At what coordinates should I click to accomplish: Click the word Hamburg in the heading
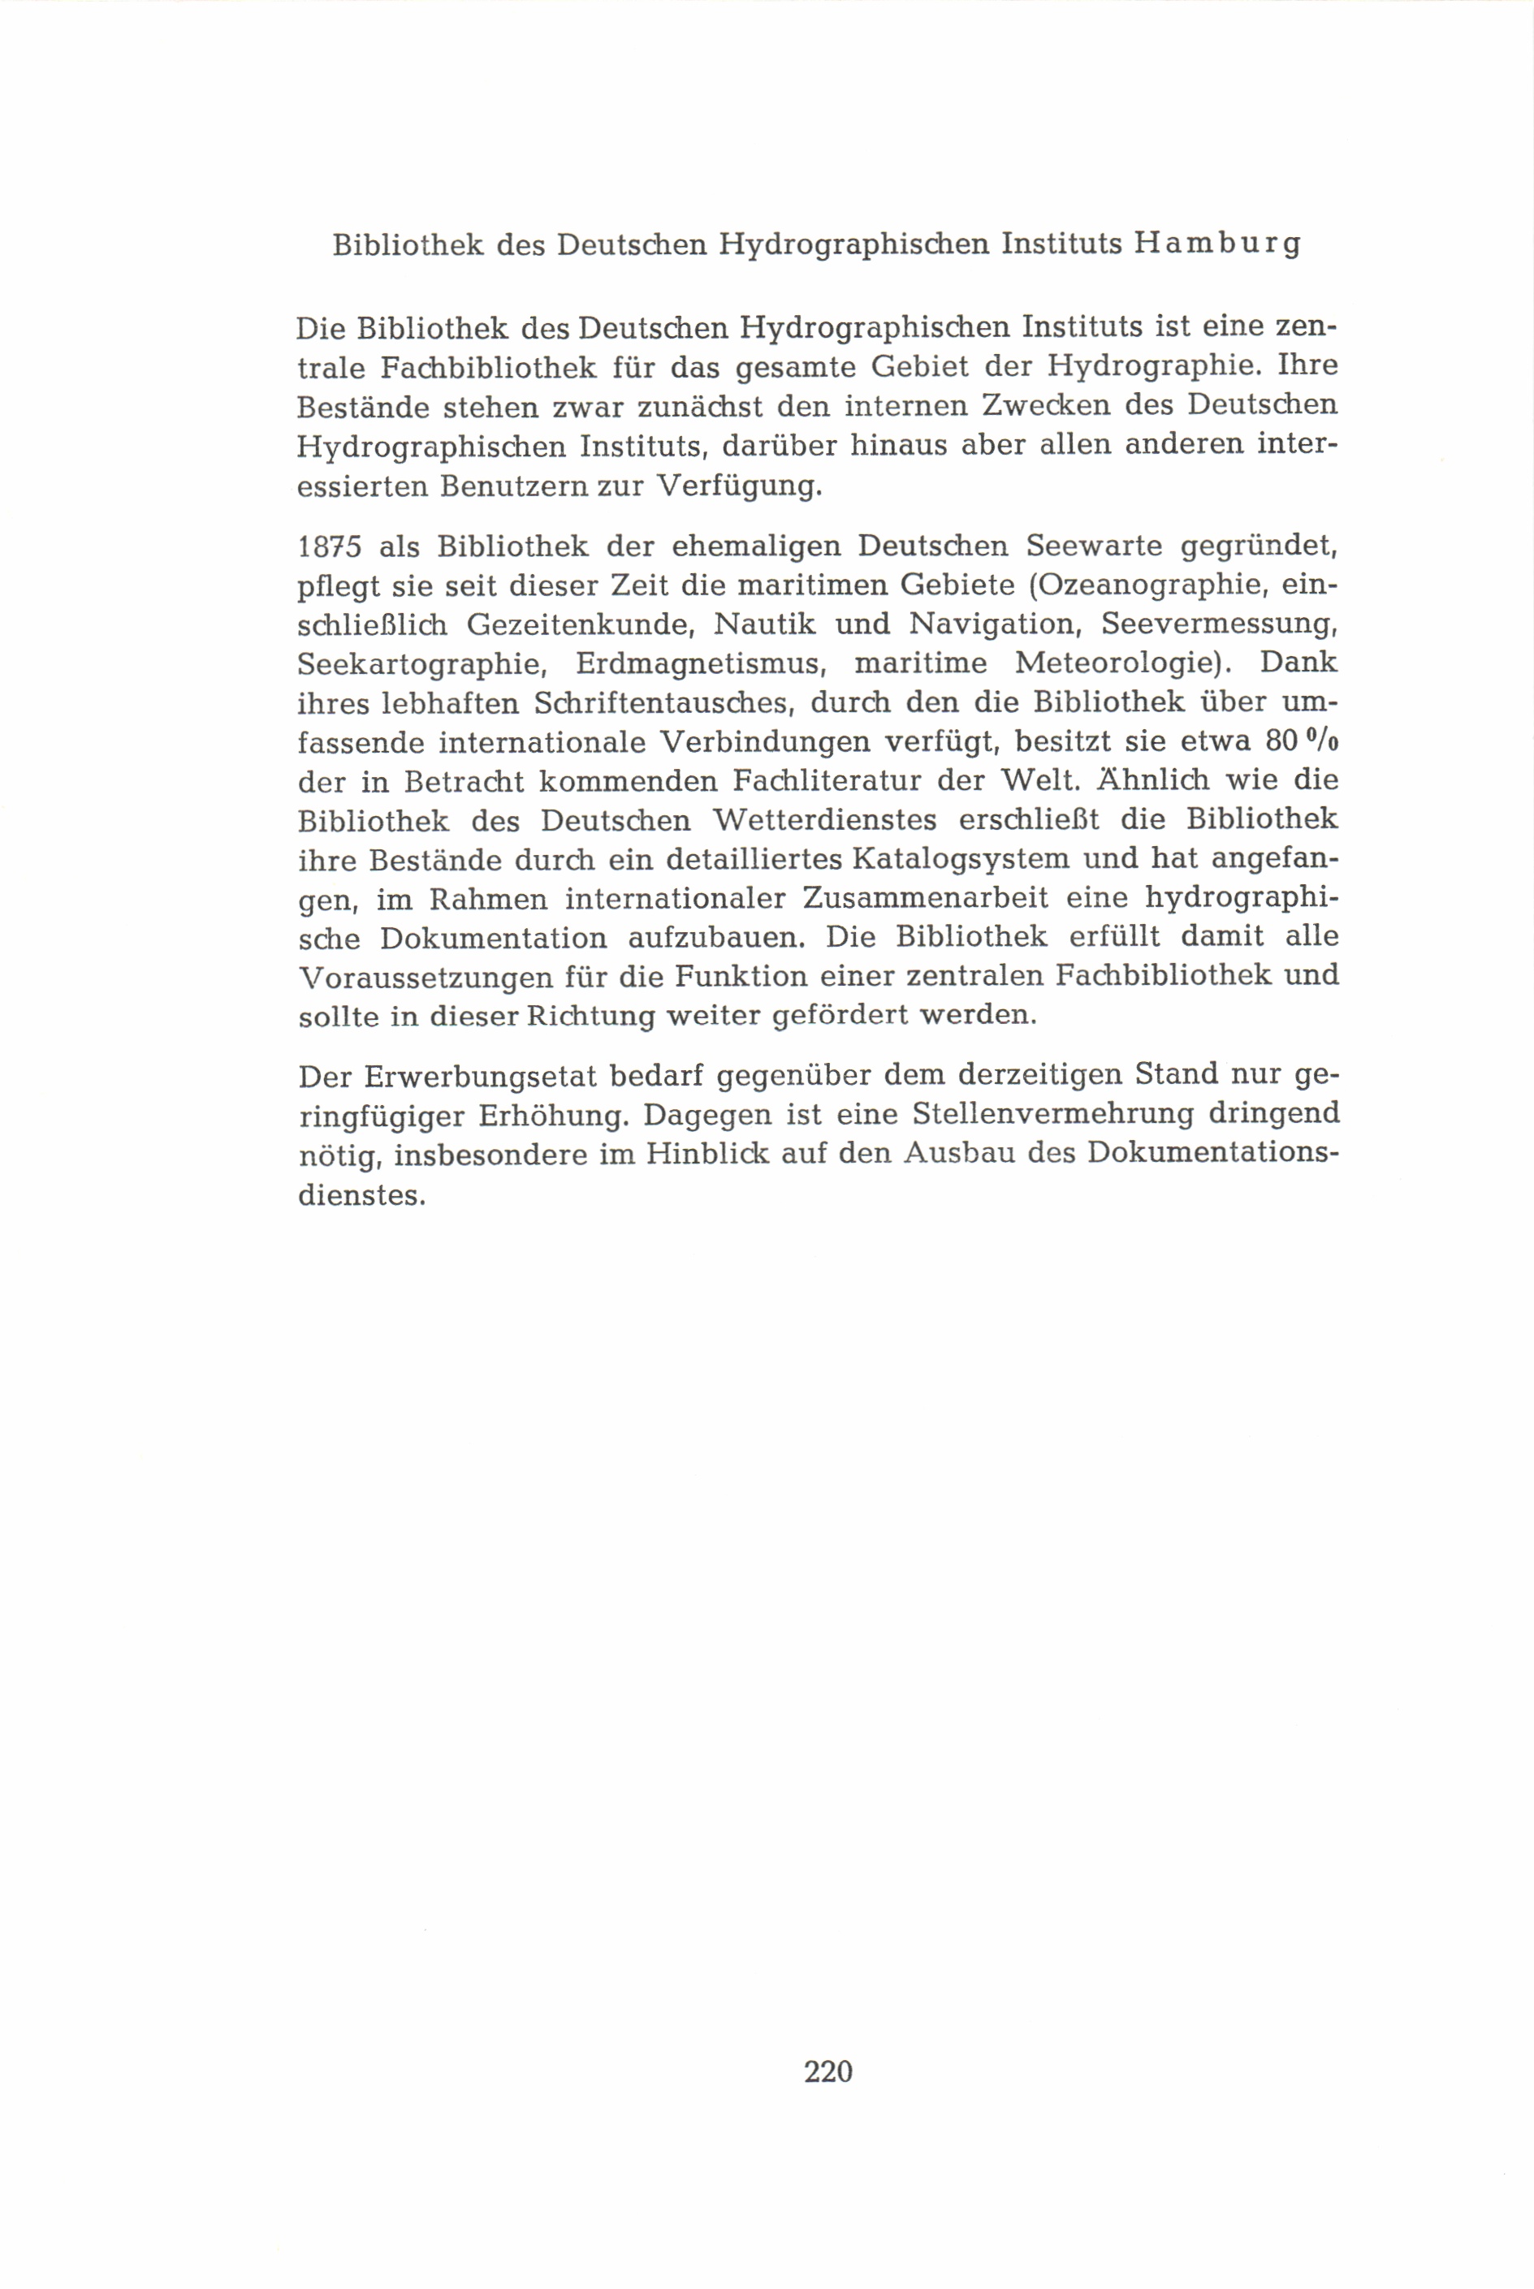1217,243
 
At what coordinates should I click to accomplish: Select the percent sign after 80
1320,741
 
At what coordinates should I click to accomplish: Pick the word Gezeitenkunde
578,624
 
